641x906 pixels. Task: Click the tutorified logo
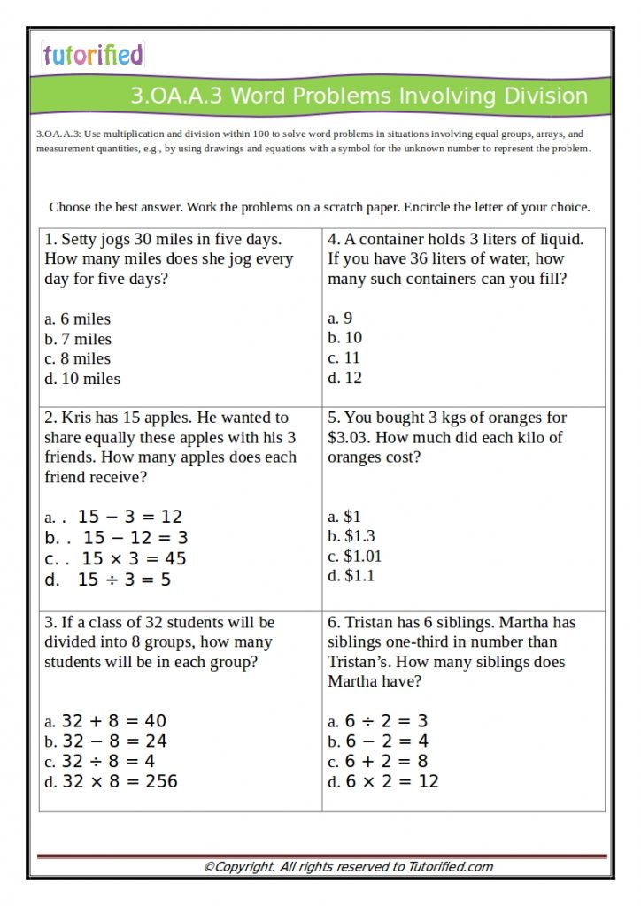click(x=92, y=55)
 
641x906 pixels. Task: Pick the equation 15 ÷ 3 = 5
click(x=124, y=580)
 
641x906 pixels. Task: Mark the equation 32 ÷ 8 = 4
click(x=109, y=761)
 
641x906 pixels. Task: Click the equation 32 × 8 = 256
click(x=120, y=781)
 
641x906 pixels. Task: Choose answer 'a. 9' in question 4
click(x=340, y=319)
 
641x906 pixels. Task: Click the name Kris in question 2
click(x=77, y=418)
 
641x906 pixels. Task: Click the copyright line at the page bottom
click(x=348, y=867)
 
